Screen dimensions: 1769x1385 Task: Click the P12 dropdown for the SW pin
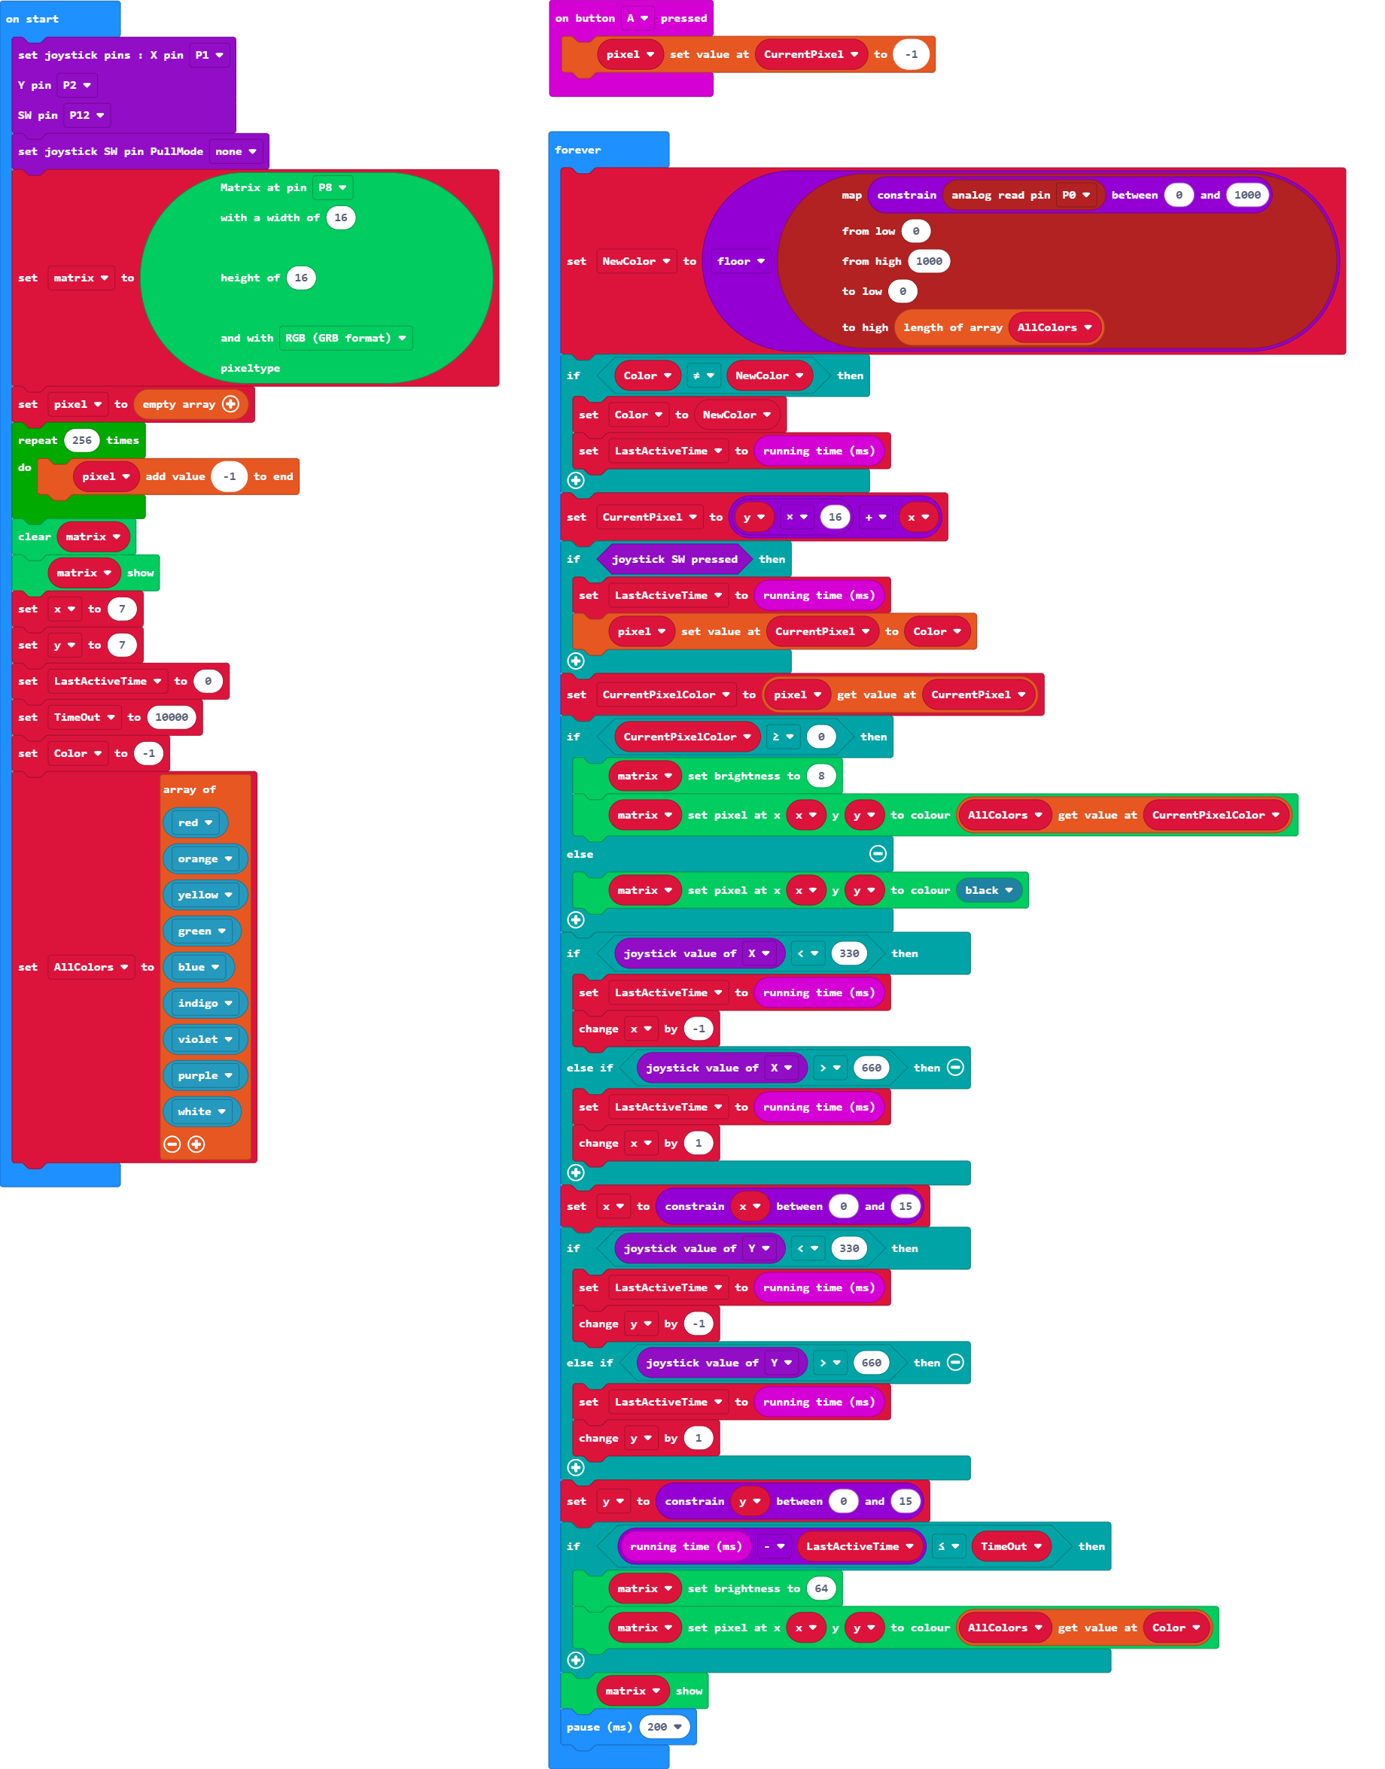(x=87, y=115)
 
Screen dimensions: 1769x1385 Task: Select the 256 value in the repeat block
(x=82, y=440)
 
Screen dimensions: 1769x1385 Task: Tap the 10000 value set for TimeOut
(x=171, y=716)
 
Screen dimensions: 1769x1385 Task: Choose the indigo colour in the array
(x=204, y=1003)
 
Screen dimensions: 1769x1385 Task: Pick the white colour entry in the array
(x=201, y=1111)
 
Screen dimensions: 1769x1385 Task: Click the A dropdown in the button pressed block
(x=638, y=18)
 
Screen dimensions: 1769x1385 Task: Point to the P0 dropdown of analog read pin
(x=1076, y=195)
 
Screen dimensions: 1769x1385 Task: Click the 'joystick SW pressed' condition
(x=674, y=559)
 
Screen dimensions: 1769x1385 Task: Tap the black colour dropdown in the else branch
(x=988, y=890)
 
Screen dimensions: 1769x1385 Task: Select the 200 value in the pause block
(x=663, y=1727)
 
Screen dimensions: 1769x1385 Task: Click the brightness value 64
(x=820, y=1588)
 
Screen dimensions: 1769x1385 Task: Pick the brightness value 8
(x=820, y=776)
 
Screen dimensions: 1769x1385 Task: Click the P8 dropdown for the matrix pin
(x=333, y=187)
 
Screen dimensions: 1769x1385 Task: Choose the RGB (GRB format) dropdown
(x=345, y=338)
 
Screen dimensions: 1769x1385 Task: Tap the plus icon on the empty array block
(x=231, y=404)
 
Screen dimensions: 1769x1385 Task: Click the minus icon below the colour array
(x=172, y=1144)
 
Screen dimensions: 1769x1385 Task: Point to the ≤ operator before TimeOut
(x=947, y=1546)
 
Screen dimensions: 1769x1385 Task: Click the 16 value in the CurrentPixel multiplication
(x=835, y=517)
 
